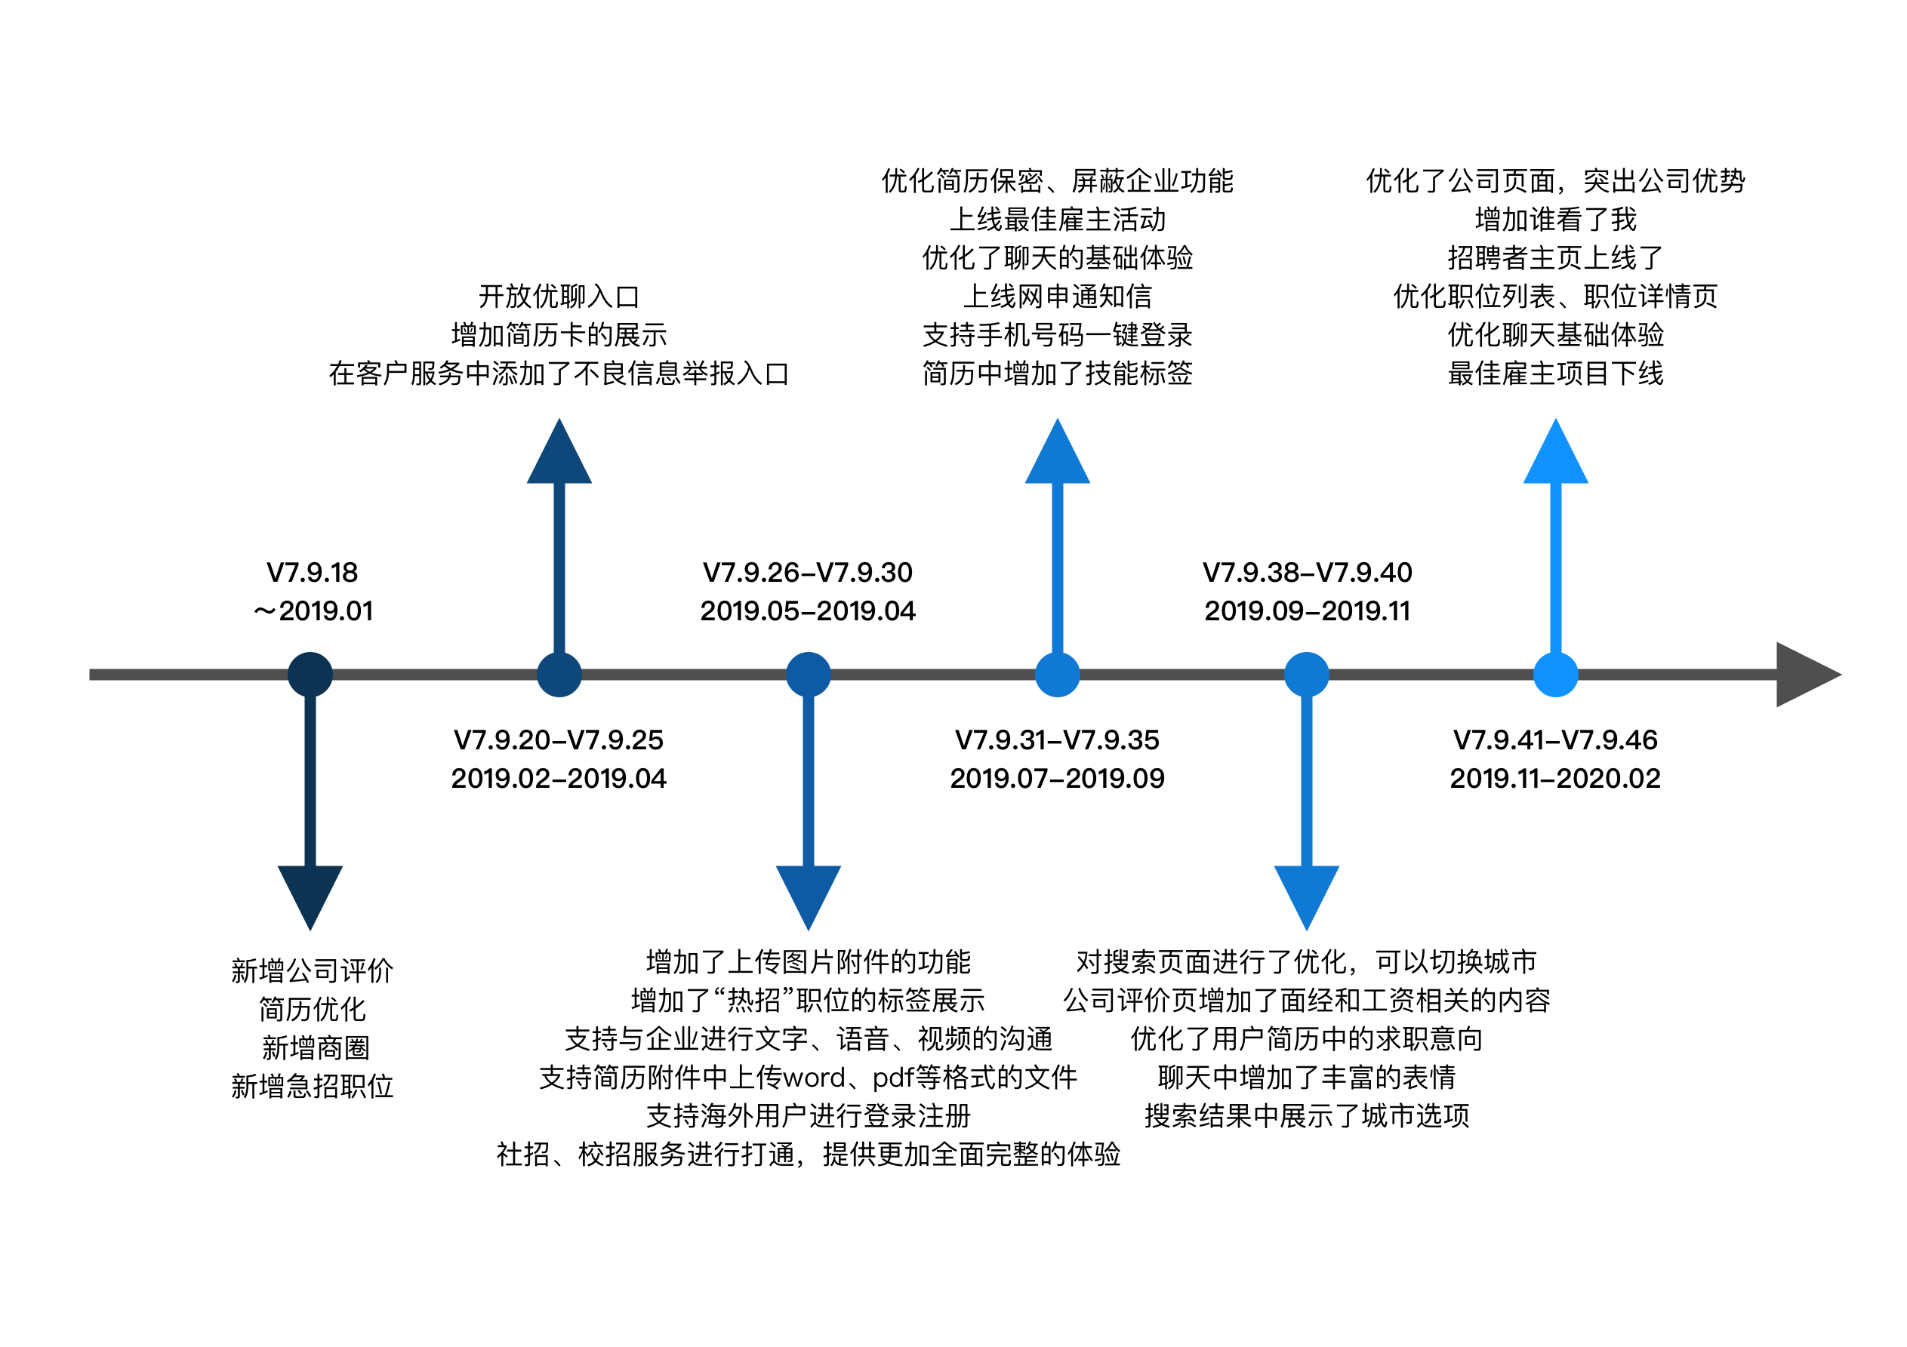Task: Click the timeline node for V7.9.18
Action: click(x=310, y=675)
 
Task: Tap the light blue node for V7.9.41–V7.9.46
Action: click(x=1555, y=675)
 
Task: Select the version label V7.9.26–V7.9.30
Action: click(x=807, y=572)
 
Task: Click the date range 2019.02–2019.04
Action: click(x=558, y=778)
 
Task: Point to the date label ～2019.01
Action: click(x=313, y=611)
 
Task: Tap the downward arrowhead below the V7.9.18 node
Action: click(x=310, y=893)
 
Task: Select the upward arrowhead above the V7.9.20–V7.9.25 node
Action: click(x=559, y=455)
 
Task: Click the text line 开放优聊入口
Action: click(x=558, y=297)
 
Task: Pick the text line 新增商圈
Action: click(x=315, y=1048)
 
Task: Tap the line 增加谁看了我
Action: click(x=1555, y=220)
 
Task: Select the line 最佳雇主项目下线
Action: click(x=1555, y=374)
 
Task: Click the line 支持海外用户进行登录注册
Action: click(x=807, y=1115)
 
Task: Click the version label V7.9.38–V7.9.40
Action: click(x=1307, y=572)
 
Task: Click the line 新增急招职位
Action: click(x=312, y=1086)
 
